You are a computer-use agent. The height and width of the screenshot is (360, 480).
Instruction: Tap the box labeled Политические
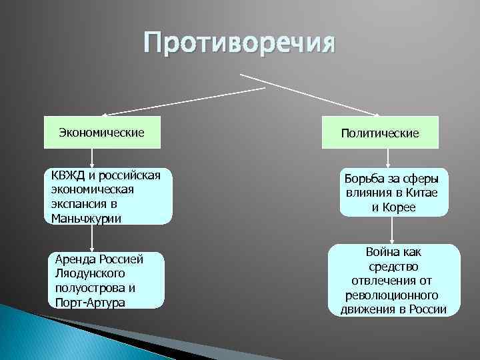pyautogui.click(x=379, y=133)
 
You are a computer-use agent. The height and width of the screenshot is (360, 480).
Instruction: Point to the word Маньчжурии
pyautogui.click(x=86, y=218)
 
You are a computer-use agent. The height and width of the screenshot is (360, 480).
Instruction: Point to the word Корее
pyautogui.click(x=399, y=208)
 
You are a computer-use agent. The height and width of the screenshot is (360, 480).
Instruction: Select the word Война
pyautogui.click(x=379, y=252)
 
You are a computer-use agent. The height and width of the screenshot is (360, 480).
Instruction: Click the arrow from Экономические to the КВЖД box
pyautogui.click(x=91, y=157)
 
